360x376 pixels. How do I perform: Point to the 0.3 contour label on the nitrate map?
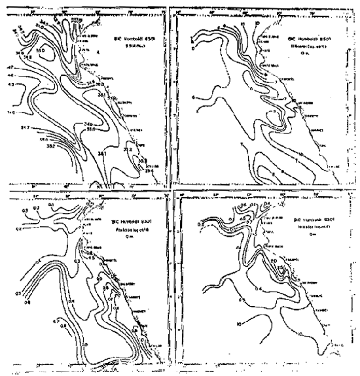click(199, 224)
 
